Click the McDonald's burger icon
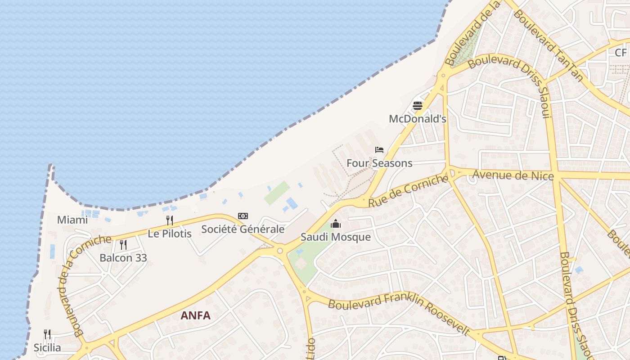(418, 106)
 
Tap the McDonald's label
(418, 119)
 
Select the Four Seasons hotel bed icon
(379, 150)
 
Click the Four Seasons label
(379, 163)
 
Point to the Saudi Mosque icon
(336, 224)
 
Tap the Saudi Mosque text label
(336, 237)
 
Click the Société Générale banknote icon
(243, 216)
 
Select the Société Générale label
(243, 229)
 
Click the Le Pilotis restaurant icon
(170, 220)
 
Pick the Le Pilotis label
(170, 234)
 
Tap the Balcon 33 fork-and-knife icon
(123, 244)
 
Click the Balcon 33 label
(123, 258)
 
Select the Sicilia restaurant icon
(47, 334)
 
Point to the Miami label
(72, 220)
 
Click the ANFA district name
(195, 315)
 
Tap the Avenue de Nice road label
(513, 175)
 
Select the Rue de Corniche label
(408, 191)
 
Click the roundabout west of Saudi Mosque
(280, 251)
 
